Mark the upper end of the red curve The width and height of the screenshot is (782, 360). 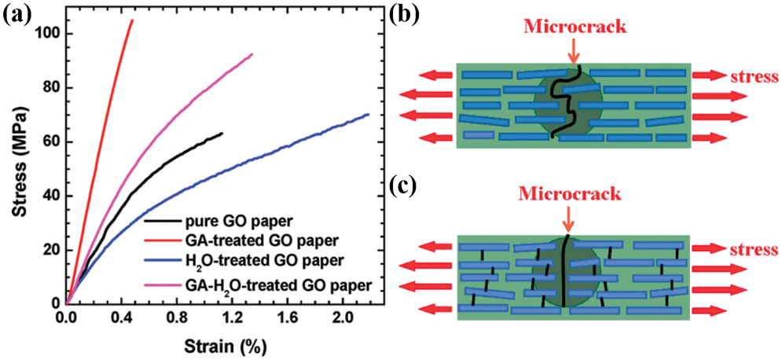(x=132, y=20)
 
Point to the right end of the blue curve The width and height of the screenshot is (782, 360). (x=368, y=115)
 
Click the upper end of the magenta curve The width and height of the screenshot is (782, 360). (x=251, y=54)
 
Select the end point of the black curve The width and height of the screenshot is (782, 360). (x=222, y=134)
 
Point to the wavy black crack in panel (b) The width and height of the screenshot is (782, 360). (x=567, y=102)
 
